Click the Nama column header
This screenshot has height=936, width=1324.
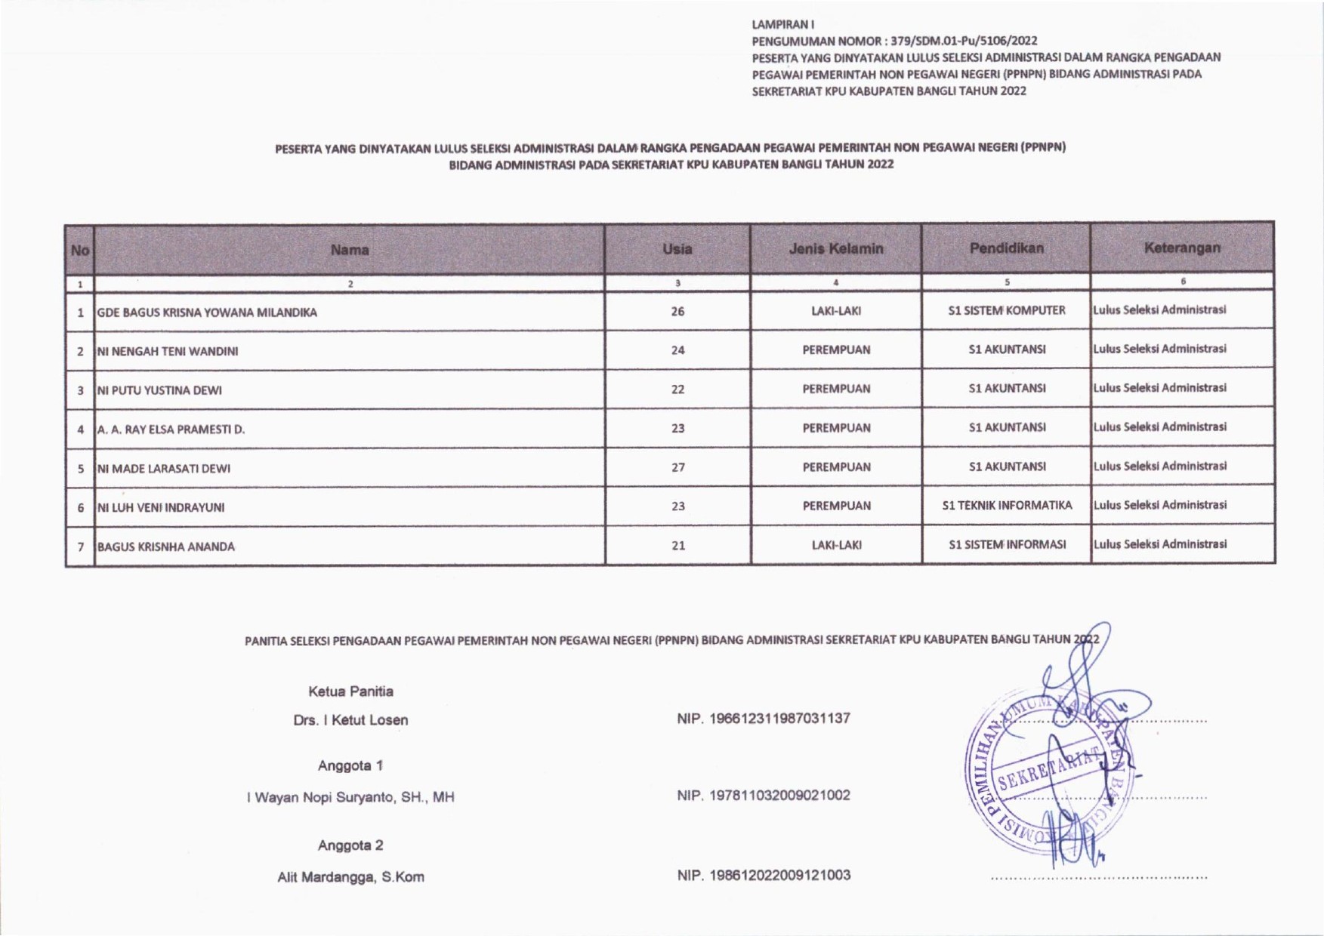[x=349, y=250]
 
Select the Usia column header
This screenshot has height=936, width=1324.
[x=677, y=249]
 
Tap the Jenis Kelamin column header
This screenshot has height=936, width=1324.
[x=835, y=248]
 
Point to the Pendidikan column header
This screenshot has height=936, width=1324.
[x=1006, y=248]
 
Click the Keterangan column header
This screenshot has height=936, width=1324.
[x=1182, y=248]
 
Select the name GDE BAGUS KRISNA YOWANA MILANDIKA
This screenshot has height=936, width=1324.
[x=207, y=313]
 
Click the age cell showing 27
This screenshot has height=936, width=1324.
[x=677, y=467]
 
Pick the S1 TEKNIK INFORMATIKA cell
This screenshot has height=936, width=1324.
[x=1007, y=506]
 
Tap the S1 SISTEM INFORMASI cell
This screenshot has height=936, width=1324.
[x=1007, y=544]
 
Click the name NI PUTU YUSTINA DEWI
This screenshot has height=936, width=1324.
[x=159, y=390]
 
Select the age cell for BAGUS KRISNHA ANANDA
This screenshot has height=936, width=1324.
[x=677, y=545]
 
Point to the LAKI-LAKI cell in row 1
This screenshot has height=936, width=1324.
[x=835, y=311]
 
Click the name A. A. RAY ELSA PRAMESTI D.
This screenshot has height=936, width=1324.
[x=171, y=430]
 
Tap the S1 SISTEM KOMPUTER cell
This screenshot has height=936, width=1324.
[x=1006, y=310]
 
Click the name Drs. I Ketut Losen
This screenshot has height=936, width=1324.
[x=350, y=720]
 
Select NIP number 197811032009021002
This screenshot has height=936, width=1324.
[x=764, y=795]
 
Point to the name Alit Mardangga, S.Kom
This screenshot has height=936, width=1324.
[x=350, y=877]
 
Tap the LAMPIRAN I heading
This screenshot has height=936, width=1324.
[x=772, y=24]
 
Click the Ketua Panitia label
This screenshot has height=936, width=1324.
[x=350, y=691]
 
